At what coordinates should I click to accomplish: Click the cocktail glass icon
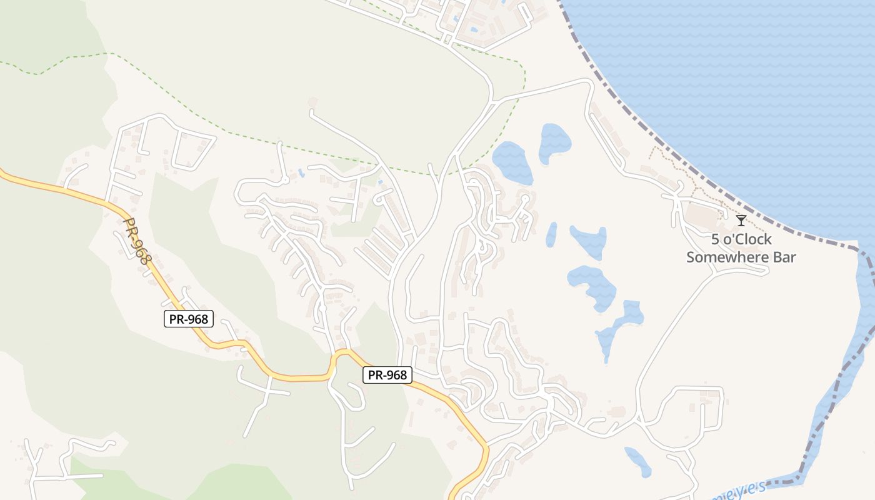pyautogui.click(x=741, y=220)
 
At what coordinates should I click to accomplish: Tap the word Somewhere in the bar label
pyautogui.click(x=722, y=257)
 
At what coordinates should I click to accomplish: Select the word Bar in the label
pyautogui.click(x=782, y=257)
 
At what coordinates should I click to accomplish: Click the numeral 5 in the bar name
pyautogui.click(x=716, y=239)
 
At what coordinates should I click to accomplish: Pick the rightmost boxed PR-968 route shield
pyautogui.click(x=387, y=375)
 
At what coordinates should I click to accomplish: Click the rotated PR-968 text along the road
pyautogui.click(x=137, y=241)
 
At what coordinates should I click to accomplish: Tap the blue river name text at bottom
pyautogui.click(x=737, y=491)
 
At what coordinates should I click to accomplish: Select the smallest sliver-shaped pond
pyautogui.click(x=551, y=234)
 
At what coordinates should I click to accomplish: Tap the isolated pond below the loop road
pyautogui.click(x=637, y=461)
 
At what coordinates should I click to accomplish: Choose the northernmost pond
pyautogui.click(x=554, y=141)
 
